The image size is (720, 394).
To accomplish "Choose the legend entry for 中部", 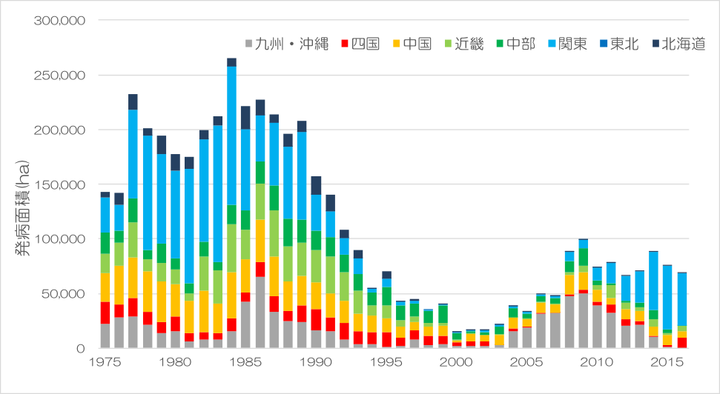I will pos(515,44).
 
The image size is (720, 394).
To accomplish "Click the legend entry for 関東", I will pos(567,44).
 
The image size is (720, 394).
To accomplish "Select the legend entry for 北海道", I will pos(676,44).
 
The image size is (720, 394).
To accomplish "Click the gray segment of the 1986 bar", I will pos(260,312).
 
